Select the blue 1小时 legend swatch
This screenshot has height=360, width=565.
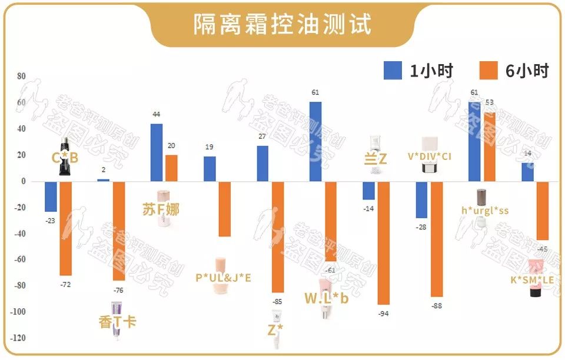tap(393, 71)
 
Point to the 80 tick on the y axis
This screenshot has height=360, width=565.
tap(21, 76)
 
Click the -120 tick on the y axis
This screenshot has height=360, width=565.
tap(19, 338)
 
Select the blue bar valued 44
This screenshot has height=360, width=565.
tap(157, 152)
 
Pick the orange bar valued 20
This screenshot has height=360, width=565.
tap(171, 168)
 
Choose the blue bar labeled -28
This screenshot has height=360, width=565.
tap(421, 199)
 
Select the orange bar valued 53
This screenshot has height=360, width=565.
tap(489, 146)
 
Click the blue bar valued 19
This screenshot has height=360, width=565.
tap(210, 169)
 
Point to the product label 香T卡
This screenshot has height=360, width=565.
tap(118, 322)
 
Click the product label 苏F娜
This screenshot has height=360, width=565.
tap(161, 209)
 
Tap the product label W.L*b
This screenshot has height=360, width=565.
tap(327, 298)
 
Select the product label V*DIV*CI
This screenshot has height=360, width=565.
tap(437, 156)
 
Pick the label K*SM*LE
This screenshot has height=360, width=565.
tap(532, 280)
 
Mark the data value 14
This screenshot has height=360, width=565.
tap(527, 154)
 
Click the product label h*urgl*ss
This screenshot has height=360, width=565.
tap(484, 210)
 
